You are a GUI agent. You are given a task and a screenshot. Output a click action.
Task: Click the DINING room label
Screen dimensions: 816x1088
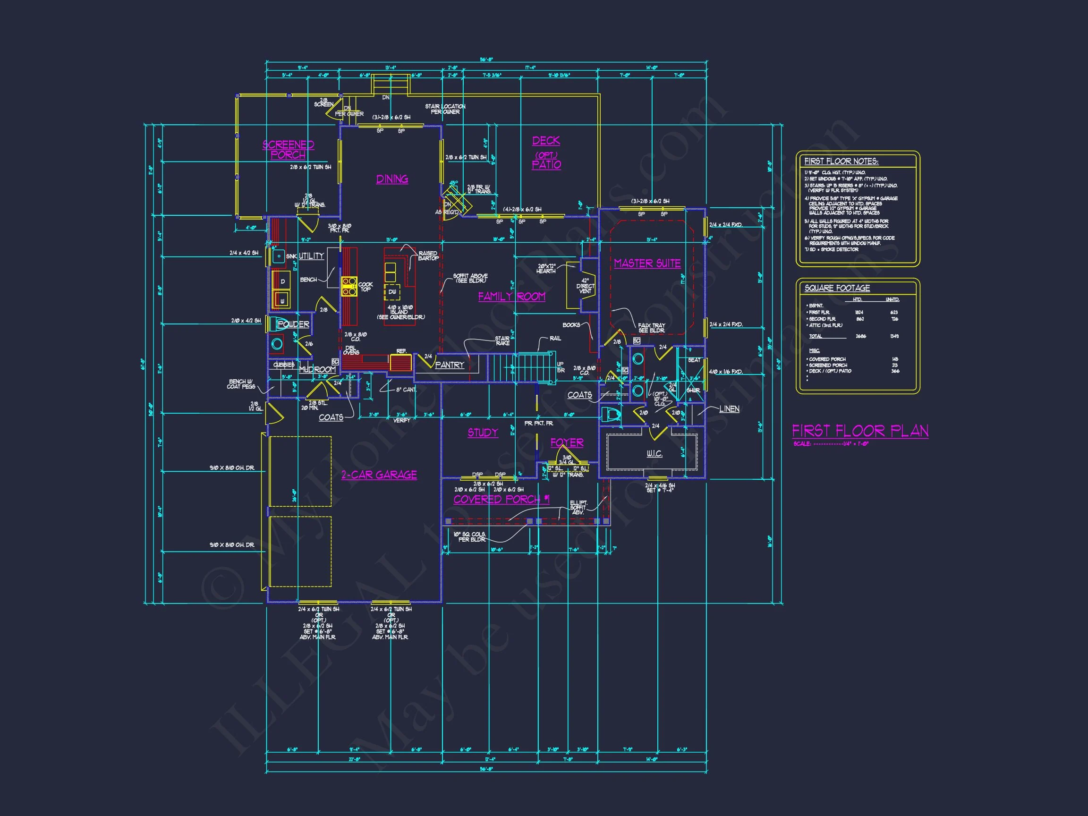(392, 179)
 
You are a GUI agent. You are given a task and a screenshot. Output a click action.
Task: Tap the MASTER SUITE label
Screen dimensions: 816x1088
(647, 263)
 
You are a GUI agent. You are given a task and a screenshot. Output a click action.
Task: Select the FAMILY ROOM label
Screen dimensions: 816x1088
(511, 297)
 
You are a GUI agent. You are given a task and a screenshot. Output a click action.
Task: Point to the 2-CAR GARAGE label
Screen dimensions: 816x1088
(379, 475)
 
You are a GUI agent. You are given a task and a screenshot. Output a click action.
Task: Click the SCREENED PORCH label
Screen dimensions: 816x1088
(288, 150)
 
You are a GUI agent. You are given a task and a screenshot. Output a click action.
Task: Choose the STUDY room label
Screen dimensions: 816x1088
(483, 433)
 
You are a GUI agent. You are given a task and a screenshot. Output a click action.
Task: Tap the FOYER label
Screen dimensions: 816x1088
(567, 442)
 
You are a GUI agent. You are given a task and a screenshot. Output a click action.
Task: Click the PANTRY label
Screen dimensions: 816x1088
(450, 365)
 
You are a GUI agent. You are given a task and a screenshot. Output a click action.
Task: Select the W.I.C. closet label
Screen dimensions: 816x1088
(654, 453)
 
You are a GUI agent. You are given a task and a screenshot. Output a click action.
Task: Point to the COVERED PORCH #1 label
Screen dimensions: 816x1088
(501, 499)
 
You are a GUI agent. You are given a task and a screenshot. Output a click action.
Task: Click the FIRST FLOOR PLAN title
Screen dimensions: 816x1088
(860, 431)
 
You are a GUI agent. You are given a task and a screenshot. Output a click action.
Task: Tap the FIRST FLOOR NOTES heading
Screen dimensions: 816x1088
(841, 161)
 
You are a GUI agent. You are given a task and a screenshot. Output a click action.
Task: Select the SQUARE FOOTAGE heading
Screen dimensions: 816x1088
(837, 288)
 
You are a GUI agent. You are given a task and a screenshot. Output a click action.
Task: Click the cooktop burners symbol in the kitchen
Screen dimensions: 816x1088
(349, 286)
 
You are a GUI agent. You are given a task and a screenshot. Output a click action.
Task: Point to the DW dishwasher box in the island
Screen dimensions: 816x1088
(392, 292)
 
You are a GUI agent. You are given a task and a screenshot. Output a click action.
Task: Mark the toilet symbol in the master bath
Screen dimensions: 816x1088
(611, 415)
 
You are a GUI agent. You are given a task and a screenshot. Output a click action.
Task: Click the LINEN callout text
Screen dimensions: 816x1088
(729, 409)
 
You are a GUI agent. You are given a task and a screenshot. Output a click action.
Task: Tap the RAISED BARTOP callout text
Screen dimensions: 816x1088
(427, 256)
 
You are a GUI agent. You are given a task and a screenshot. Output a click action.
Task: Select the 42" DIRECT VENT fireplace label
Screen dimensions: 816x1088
(585, 286)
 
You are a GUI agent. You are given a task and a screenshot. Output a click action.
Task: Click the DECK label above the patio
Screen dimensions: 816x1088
(546, 141)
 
